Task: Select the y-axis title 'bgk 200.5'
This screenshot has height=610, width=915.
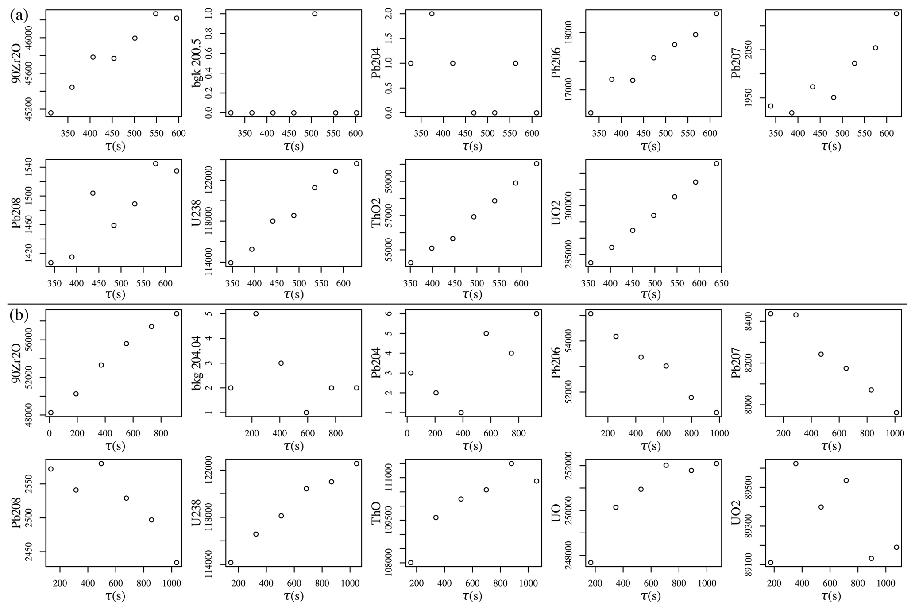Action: point(197,63)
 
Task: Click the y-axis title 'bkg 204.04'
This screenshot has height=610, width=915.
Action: point(197,363)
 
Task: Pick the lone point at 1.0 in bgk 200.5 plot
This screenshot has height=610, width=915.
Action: point(315,14)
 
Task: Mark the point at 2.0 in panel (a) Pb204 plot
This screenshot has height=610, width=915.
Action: point(432,14)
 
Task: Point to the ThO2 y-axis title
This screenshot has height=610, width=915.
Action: point(376,213)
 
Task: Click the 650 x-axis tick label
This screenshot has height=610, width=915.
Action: point(721,283)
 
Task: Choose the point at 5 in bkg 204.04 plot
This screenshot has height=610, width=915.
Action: point(255,313)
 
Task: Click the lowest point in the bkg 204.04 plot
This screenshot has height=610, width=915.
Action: point(306,413)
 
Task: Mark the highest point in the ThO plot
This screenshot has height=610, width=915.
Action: point(511,463)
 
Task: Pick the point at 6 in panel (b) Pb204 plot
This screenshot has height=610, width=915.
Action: point(537,313)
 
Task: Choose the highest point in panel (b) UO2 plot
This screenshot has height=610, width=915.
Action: point(795,463)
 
